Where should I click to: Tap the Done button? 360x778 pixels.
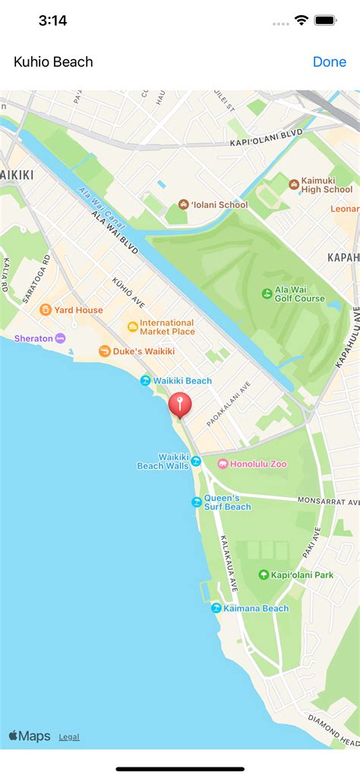329,61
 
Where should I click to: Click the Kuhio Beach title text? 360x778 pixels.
53,61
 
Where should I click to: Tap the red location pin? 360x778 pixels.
180,404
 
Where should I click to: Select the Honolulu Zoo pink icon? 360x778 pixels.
223,464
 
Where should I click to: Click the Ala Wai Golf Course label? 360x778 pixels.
299,293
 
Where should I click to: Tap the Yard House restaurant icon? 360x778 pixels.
46,310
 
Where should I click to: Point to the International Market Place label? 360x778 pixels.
167,327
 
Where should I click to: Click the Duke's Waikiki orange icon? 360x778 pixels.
104,351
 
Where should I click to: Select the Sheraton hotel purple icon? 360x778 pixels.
60,339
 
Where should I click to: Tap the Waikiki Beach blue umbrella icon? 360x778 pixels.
145,380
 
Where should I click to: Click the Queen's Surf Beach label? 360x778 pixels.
227,502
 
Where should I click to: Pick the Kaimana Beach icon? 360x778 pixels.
216,608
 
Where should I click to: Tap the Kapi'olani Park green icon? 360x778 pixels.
264,575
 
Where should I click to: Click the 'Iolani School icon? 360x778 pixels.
183,204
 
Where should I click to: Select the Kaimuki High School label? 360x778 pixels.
327,184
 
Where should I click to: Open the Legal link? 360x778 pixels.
68,736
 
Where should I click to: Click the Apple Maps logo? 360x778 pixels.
29,735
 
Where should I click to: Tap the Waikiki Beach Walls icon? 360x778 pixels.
196,461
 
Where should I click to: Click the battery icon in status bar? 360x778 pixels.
326,20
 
